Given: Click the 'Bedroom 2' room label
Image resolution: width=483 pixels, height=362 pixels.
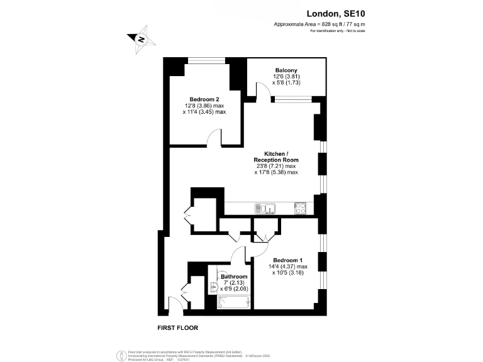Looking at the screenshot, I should [x=204, y=99].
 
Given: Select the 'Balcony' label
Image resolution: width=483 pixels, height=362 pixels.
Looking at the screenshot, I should [x=286, y=70].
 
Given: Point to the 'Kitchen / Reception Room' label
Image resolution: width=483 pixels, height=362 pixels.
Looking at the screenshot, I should [x=276, y=157].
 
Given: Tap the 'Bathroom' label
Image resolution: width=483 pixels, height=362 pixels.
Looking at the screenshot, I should [x=234, y=277].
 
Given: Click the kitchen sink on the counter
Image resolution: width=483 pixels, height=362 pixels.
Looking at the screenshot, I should [x=265, y=209].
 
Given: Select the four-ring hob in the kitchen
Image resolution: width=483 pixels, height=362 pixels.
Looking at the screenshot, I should [x=300, y=208].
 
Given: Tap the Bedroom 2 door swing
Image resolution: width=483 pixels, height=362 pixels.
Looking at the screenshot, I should [x=216, y=138].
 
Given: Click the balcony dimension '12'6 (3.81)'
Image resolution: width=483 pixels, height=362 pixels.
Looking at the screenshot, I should [x=286, y=76].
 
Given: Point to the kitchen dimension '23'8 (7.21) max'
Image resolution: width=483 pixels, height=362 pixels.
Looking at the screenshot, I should [x=276, y=166].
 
